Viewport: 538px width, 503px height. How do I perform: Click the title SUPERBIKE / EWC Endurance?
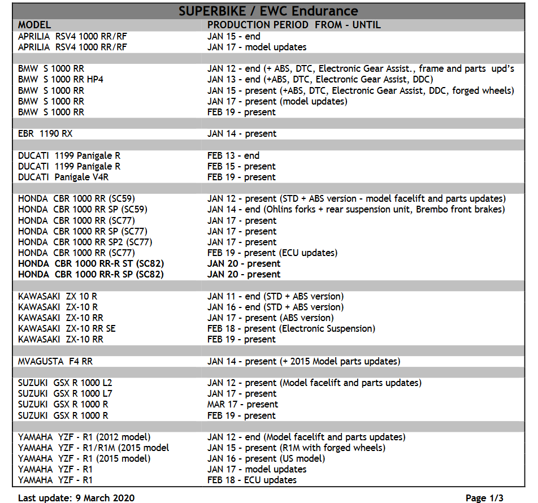pyautogui.click(x=268, y=11)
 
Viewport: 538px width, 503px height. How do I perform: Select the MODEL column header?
pyautogui.click(x=34, y=25)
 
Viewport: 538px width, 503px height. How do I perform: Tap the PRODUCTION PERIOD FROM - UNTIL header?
pyautogui.click(x=294, y=25)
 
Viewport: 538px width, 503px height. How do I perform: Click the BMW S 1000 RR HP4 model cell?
pyautogui.click(x=60, y=80)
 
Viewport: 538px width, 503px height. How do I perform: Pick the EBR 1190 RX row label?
pyautogui.click(x=45, y=134)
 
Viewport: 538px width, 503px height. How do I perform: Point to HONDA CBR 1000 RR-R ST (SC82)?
pyautogui.click(x=91, y=264)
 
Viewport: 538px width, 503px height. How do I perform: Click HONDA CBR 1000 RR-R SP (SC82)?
pyautogui.click(x=91, y=275)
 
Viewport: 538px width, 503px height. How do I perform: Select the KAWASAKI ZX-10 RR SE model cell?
pyautogui.click(x=67, y=329)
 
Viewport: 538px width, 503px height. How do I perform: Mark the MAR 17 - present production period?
pyautogui.click(x=242, y=405)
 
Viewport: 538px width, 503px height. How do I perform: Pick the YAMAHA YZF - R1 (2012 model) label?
pyautogui.click(x=84, y=437)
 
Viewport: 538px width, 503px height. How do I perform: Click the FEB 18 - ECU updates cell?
pyautogui.click(x=252, y=480)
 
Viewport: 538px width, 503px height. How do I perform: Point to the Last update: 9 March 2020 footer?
pyautogui.click(x=76, y=498)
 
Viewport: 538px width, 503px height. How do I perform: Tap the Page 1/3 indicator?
pyautogui.click(x=484, y=498)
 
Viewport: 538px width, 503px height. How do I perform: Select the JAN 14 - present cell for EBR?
pyautogui.click(x=242, y=134)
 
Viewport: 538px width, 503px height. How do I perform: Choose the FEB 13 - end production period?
pyautogui.click(x=233, y=156)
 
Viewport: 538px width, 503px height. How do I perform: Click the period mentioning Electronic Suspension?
pyautogui.click(x=291, y=329)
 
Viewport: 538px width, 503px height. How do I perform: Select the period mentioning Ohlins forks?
pyautogui.click(x=356, y=210)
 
